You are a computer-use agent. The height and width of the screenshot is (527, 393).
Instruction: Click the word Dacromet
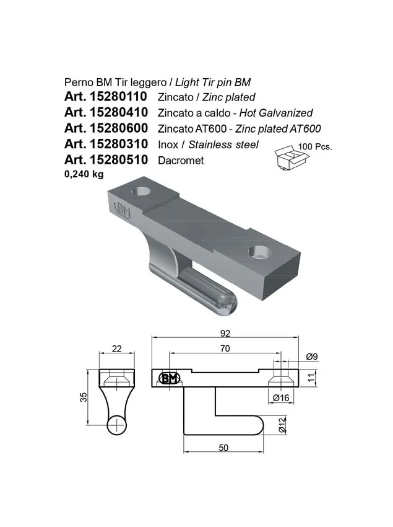[181, 161]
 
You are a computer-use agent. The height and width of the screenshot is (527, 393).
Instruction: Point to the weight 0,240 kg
[84, 174]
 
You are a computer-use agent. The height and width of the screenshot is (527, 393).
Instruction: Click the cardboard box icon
[292, 157]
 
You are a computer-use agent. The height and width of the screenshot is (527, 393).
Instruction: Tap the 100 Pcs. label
[315, 146]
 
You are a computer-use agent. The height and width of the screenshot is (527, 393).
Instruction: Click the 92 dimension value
[225, 333]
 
